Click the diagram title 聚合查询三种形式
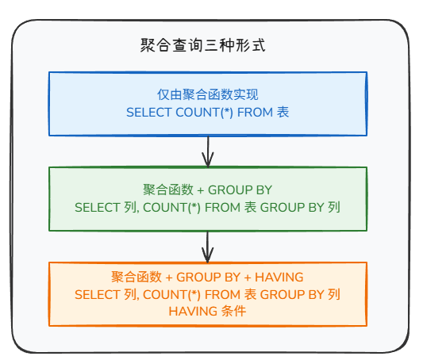coord(203,45)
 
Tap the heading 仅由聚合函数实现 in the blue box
coord(208,94)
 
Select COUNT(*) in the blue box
coord(204,113)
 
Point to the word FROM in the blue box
coord(256,113)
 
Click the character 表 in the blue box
coord(283,112)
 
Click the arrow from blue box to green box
coord(208,151)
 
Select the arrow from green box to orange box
coord(208,247)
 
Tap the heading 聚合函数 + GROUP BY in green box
coord(207,190)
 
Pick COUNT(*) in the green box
coord(171,208)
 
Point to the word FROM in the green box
coord(222,208)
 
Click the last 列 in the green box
coord(334,207)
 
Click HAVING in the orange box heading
coord(279,278)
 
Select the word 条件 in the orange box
coord(233,311)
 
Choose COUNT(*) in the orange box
coord(171,294)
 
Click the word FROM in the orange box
coord(222,294)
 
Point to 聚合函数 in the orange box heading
coord(137,277)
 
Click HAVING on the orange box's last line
coord(193,312)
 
